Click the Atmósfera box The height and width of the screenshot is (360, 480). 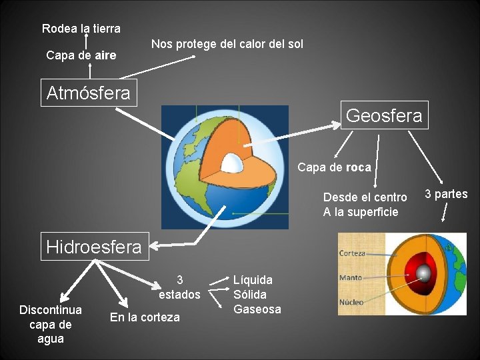pos(88,93)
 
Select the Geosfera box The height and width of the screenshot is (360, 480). pos(384,115)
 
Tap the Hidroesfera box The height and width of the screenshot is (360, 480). pos(94,247)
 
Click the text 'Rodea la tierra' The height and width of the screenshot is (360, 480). pos(81,29)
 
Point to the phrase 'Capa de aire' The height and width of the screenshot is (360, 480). pos(81,55)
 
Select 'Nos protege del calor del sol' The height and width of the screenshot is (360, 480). pos(227,44)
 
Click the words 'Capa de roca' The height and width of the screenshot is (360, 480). pos(334,167)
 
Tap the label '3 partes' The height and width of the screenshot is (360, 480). pos(446,194)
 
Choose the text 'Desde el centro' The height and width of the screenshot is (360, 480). pos(365,197)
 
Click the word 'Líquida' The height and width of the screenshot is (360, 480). pos(253,280)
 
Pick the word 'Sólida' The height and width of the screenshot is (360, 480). pos(250,294)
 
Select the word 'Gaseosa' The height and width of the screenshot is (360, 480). pos(257,309)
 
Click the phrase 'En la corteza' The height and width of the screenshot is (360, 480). pos(145,317)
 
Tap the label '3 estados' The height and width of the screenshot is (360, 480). pos(180,287)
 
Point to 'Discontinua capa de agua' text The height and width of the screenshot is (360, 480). pos(51,324)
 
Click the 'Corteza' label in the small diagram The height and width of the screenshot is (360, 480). pos(352,253)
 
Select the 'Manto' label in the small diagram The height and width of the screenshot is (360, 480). pos(351,277)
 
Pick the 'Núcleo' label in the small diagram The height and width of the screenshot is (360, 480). pos(351,302)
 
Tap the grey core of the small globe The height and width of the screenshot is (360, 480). pos(423,272)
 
